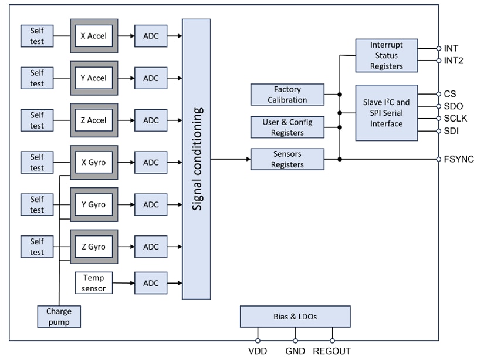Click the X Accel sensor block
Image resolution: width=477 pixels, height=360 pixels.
pyautogui.click(x=93, y=36)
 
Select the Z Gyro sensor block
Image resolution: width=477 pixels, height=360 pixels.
pyautogui.click(x=93, y=247)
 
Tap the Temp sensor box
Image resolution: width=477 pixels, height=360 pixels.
pyautogui.click(x=93, y=282)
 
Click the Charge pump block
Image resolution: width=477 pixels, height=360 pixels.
pyautogui.click(x=59, y=317)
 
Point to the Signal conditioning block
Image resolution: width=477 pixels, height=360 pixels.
pyautogui.click(x=197, y=159)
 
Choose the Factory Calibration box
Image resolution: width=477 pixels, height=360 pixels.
pyautogui.click(x=287, y=95)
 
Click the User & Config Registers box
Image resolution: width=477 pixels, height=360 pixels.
pyautogui.click(x=287, y=127)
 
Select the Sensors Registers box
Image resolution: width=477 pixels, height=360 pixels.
pyautogui.click(x=287, y=159)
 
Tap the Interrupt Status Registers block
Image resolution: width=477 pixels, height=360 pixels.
pyautogui.click(x=387, y=56)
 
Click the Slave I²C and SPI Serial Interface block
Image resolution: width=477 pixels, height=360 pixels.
pyautogui.click(x=387, y=113)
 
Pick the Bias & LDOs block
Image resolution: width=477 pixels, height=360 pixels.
pyautogui.click(x=295, y=317)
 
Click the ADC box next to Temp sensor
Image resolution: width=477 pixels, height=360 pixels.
pyautogui.click(x=151, y=282)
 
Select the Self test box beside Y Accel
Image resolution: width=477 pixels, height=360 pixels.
pyautogui.click(x=37, y=78)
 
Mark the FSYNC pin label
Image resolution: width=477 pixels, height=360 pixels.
pyautogui.click(x=459, y=159)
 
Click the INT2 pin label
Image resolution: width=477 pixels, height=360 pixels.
pyautogui.click(x=454, y=60)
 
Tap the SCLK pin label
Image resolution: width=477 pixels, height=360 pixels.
pyautogui.click(x=456, y=119)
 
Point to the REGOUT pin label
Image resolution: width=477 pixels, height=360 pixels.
pyautogui.click(x=332, y=351)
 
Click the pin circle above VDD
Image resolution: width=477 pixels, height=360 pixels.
pyautogui.click(x=258, y=341)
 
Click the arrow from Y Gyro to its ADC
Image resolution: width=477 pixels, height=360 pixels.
pyautogui.click(x=126, y=205)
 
